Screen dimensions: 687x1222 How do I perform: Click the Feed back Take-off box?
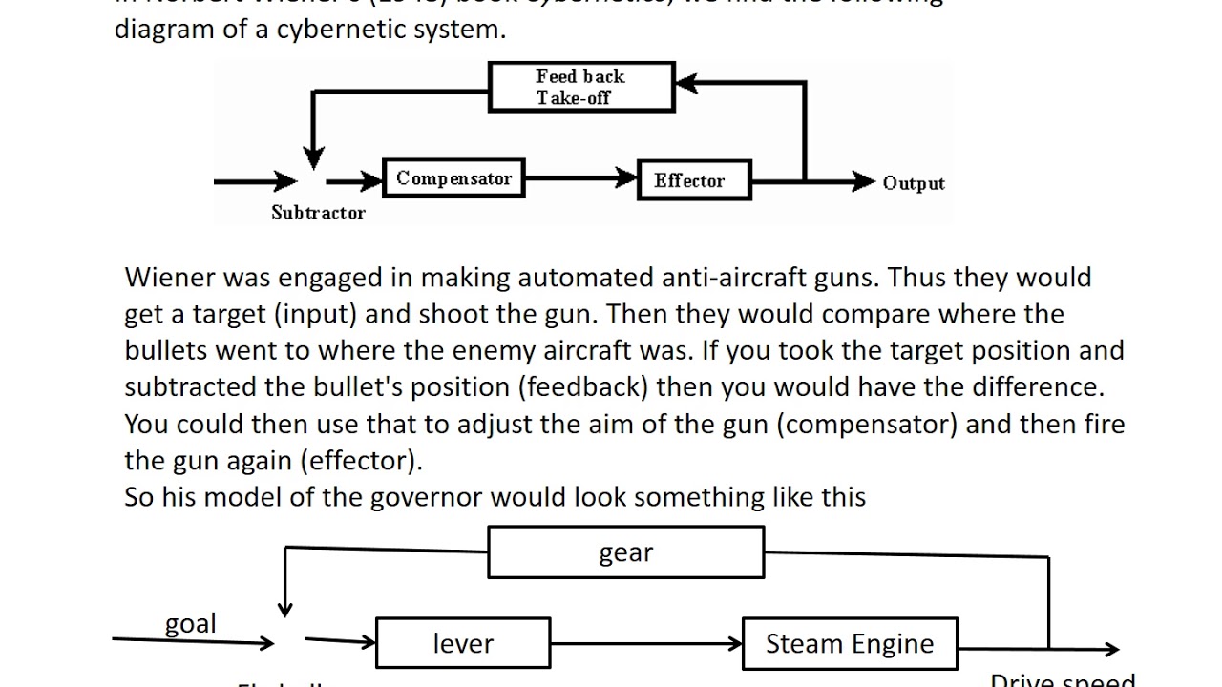(x=581, y=87)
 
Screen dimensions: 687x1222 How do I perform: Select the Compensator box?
(x=453, y=178)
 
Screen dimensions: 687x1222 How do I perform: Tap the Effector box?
(x=694, y=180)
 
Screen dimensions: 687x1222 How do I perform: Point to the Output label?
(x=913, y=183)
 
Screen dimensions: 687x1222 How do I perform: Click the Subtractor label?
(x=318, y=213)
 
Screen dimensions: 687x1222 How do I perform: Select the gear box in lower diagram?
(x=625, y=553)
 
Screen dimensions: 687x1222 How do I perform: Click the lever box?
(x=463, y=643)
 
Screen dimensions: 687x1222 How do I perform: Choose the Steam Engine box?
(x=850, y=643)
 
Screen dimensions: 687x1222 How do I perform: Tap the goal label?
(x=191, y=624)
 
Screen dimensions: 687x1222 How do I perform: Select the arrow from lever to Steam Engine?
(x=646, y=643)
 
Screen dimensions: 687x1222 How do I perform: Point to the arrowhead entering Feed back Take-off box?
(x=687, y=85)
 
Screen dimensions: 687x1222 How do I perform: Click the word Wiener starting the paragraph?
(x=169, y=278)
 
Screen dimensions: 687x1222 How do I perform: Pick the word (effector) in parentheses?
(x=361, y=461)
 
